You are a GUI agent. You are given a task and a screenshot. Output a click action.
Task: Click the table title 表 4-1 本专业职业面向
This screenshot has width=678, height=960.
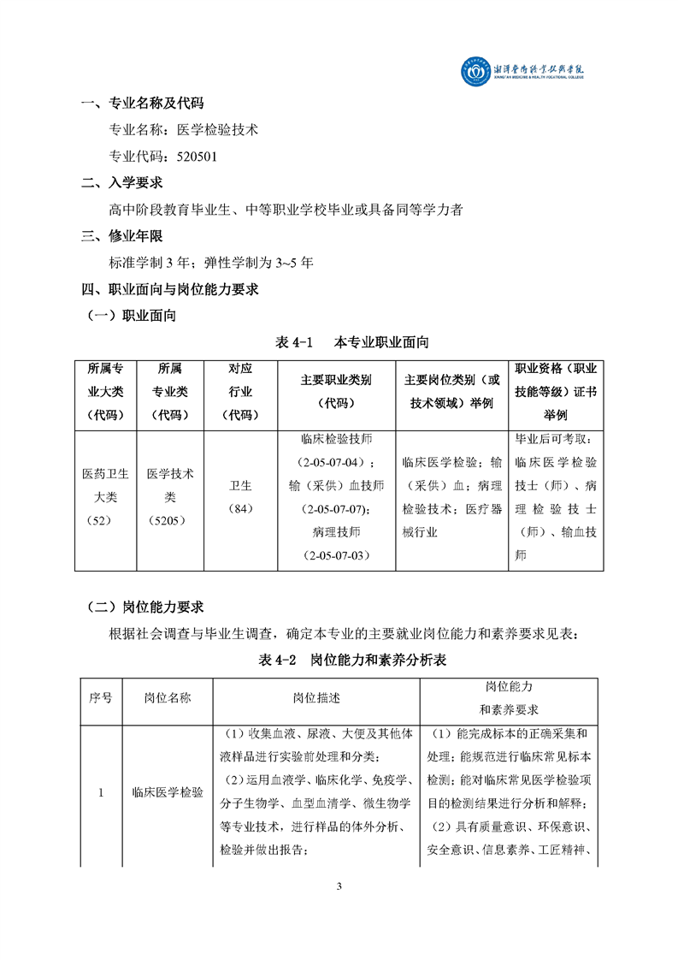click(x=351, y=342)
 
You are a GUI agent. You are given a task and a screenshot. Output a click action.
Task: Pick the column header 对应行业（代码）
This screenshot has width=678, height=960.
click(x=240, y=392)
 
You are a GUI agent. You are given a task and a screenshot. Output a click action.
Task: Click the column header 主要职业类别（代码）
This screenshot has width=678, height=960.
click(x=336, y=392)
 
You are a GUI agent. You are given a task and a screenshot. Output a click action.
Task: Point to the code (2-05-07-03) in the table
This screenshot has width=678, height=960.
click(x=336, y=556)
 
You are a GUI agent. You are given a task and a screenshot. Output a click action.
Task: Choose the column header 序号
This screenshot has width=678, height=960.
click(x=101, y=697)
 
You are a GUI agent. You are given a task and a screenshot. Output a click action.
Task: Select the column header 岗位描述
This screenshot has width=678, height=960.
click(x=316, y=697)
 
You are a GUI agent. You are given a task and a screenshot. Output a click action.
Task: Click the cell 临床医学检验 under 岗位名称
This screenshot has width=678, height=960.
click(x=168, y=793)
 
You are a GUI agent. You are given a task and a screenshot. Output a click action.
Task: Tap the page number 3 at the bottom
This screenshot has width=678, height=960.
click(x=339, y=885)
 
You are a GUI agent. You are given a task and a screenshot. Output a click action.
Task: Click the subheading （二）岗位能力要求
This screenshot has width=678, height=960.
click(x=145, y=607)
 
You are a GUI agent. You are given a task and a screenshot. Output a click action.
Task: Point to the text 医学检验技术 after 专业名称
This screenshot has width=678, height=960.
click(x=217, y=130)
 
